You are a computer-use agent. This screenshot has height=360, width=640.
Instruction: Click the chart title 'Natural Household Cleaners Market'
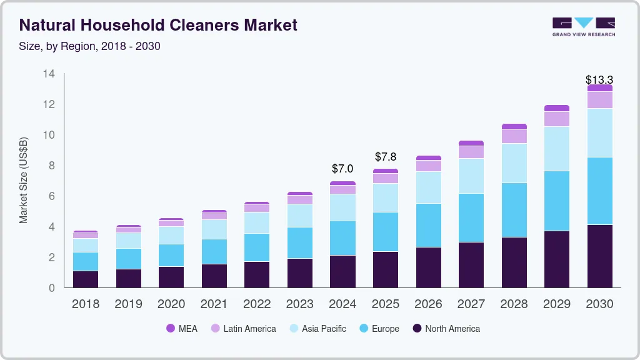158,25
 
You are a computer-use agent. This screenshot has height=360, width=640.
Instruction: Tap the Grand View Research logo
583,26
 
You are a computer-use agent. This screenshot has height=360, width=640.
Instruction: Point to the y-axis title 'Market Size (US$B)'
24,180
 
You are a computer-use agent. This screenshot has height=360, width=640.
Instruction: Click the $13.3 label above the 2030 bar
599,80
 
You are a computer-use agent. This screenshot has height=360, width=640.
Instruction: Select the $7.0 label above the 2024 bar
342,169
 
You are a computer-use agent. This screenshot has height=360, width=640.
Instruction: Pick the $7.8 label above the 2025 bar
386,157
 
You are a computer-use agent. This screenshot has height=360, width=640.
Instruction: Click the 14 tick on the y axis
49,74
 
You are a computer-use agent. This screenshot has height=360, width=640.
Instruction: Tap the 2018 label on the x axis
86,304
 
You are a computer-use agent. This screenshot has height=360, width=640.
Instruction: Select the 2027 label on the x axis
471,304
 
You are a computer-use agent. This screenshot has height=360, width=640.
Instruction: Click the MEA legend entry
182,328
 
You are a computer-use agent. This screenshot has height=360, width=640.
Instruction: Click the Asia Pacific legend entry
317,328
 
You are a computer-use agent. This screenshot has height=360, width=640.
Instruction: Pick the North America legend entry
446,328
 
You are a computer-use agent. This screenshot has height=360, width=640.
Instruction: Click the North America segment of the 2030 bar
599,256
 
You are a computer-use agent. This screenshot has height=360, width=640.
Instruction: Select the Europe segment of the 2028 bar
514,210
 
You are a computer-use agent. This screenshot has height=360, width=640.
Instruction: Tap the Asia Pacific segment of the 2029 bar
557,149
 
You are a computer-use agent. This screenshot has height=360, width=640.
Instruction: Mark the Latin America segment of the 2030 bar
599,100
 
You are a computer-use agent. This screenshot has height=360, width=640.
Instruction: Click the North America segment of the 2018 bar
86,279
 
